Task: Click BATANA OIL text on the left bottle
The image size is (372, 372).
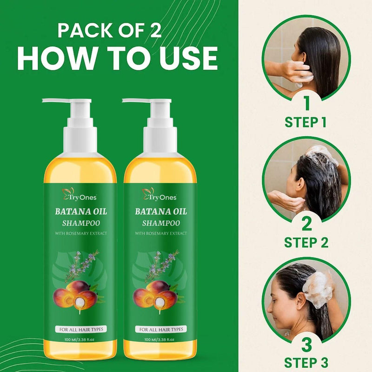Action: coord(81,212)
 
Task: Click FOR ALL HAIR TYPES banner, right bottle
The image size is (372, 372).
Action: coord(161,329)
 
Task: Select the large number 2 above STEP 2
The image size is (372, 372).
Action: coord(306,224)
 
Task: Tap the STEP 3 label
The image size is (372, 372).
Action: coord(306,362)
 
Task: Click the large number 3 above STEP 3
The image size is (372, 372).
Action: coord(306,345)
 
